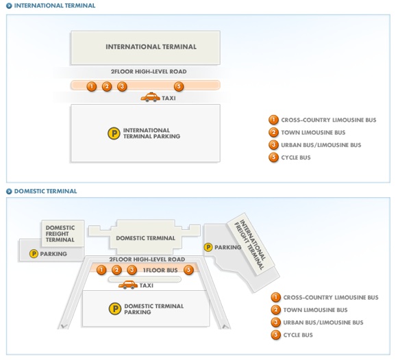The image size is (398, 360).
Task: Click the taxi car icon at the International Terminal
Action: (x=150, y=97)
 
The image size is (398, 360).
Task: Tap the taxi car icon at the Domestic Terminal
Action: (x=128, y=285)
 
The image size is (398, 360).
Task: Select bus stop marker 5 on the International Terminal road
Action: (x=179, y=86)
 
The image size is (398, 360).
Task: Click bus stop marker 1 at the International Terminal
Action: (x=92, y=86)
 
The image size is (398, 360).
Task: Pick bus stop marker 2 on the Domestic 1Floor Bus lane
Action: (x=116, y=270)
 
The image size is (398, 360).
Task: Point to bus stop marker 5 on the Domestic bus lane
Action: (x=188, y=270)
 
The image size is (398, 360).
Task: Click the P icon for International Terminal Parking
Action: (x=114, y=133)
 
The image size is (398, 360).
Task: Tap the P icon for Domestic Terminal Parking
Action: (x=115, y=309)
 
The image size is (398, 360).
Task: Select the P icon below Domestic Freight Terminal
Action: (x=34, y=253)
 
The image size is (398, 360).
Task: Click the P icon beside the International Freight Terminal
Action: (x=208, y=247)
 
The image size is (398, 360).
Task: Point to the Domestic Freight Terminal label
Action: (x=60, y=233)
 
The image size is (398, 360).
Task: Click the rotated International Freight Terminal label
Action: (x=249, y=244)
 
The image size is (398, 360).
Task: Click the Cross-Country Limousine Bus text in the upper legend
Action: (x=329, y=120)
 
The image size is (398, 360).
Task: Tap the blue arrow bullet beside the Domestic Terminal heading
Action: (x=9, y=191)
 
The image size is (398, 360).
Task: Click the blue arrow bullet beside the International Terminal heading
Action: (x=9, y=5)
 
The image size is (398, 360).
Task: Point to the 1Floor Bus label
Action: (x=160, y=270)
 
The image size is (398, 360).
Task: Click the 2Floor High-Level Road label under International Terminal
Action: (x=149, y=71)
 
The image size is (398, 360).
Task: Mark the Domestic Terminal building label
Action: (x=145, y=238)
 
